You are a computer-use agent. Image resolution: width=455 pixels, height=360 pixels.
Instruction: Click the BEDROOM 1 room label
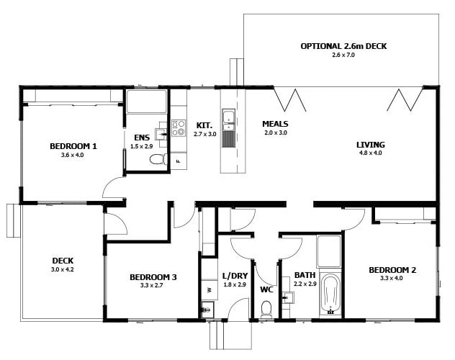(x=73, y=146)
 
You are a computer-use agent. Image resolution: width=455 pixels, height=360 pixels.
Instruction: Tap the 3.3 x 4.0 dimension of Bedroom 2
(x=392, y=278)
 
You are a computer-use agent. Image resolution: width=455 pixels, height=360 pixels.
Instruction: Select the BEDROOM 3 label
(x=153, y=277)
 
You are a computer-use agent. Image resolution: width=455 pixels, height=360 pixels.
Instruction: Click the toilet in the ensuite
(x=158, y=159)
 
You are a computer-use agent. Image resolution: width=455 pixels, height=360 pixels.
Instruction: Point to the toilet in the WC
(x=266, y=309)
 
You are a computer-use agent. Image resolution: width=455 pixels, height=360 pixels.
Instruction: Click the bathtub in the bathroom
(x=330, y=294)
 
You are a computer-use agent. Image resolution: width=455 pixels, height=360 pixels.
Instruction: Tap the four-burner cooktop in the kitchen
(x=179, y=128)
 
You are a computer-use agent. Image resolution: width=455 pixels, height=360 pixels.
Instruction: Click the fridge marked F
(x=178, y=161)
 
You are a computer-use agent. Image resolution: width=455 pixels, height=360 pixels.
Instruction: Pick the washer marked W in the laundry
(x=210, y=289)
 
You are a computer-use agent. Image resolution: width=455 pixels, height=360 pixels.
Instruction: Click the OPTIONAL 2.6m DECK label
(x=343, y=46)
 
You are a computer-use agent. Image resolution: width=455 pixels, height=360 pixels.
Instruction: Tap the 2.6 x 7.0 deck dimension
(x=343, y=55)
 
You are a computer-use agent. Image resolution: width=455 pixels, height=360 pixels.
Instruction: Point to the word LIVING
(x=371, y=145)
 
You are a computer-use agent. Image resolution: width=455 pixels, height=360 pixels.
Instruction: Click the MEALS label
(x=275, y=124)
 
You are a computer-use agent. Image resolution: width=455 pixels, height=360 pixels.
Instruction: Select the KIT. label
(x=204, y=125)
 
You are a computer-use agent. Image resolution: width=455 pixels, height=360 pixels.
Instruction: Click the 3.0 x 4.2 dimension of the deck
(x=63, y=269)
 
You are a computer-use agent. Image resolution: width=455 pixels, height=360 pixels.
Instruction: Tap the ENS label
(x=142, y=138)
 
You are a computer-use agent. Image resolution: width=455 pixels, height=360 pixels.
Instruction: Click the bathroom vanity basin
(x=288, y=297)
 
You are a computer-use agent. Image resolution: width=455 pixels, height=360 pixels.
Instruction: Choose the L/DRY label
(x=235, y=276)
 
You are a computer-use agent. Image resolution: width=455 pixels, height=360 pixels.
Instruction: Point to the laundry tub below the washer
(x=207, y=310)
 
